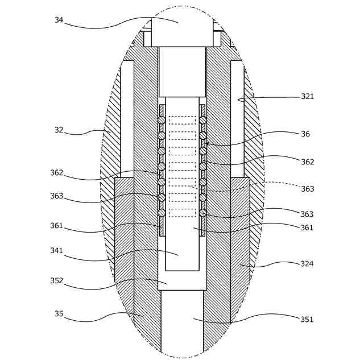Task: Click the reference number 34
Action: pyautogui.click(x=59, y=20)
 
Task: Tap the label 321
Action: pyautogui.click(x=307, y=97)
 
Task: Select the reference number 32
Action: pyautogui.click(x=59, y=130)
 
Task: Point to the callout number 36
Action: pyautogui.click(x=305, y=134)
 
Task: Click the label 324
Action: pyautogui.click(x=307, y=264)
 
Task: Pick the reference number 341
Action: pyautogui.click(x=56, y=251)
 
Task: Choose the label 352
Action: pyautogui.click(x=56, y=281)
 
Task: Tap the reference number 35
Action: pyautogui.click(x=59, y=314)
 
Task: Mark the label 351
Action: pyautogui.click(x=307, y=320)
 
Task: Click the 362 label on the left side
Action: pyautogui.click(x=56, y=173)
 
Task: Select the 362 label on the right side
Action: pyautogui.click(x=307, y=162)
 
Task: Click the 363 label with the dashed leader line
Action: pyautogui.click(x=307, y=189)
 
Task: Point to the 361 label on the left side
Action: pyautogui.click(x=56, y=226)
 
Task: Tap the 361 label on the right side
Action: pyautogui.click(x=307, y=228)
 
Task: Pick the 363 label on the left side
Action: pyautogui.click(x=56, y=196)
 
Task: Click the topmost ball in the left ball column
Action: pyautogui.click(x=162, y=120)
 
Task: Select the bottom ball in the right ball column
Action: pyautogui.click(x=203, y=213)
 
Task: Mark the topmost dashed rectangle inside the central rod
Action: pyautogui.click(x=182, y=120)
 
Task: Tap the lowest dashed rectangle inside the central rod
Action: pyautogui.click(x=182, y=213)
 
